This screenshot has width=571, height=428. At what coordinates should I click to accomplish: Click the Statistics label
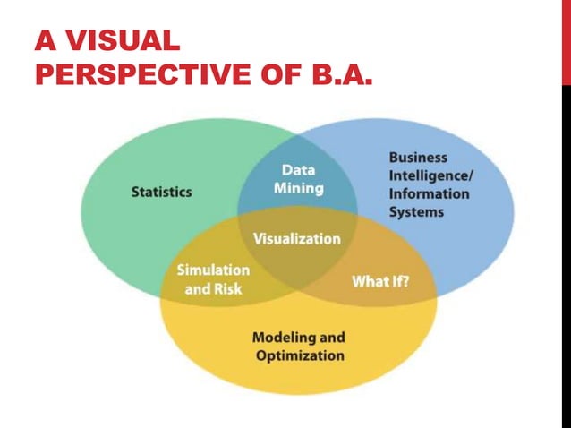click(x=161, y=192)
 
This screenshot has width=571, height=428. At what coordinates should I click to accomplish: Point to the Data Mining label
click(x=298, y=178)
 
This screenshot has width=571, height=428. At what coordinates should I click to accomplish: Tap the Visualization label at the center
click(x=297, y=239)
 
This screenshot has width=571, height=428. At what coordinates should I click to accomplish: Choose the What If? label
click(x=380, y=282)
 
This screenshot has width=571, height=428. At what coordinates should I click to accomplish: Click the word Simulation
click(x=213, y=270)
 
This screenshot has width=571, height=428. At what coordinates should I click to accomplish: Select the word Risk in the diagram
click(x=226, y=289)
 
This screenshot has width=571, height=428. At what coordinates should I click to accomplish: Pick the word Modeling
click(x=278, y=338)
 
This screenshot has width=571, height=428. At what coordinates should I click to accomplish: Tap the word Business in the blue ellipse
click(x=418, y=158)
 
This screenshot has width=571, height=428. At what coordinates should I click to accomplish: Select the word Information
click(x=429, y=193)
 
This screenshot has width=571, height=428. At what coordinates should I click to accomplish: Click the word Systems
click(x=416, y=212)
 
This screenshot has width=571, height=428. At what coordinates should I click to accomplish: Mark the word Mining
click(x=298, y=188)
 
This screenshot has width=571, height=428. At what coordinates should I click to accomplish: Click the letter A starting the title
click(x=42, y=40)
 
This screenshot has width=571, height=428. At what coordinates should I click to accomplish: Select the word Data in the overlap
click(x=298, y=168)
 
